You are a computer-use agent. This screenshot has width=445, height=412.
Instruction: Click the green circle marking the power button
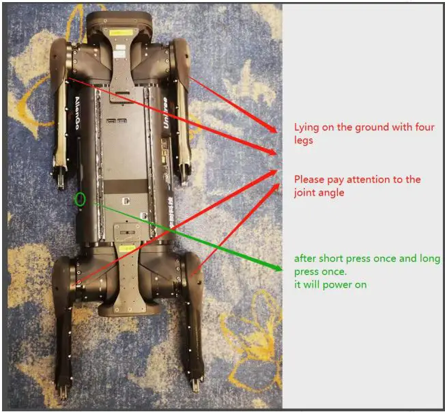click(81, 200)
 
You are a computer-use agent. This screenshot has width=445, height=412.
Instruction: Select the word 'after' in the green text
click(304, 259)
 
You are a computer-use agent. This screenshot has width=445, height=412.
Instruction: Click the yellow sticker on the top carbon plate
click(121, 33)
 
